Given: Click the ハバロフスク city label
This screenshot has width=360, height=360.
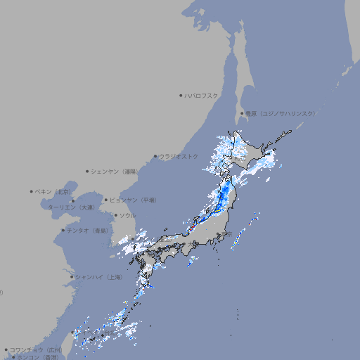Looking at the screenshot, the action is (x=202, y=95).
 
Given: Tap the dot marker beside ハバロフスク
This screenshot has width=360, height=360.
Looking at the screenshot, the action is (x=181, y=95).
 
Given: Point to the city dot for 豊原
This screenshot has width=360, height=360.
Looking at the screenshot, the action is (x=242, y=113).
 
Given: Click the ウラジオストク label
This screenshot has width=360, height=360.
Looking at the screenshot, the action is (x=179, y=156).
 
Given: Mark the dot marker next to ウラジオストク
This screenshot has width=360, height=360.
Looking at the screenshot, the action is (x=155, y=156).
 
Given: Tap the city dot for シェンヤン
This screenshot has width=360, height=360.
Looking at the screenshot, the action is (x=88, y=171).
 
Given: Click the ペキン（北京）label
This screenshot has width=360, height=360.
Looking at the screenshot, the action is (x=53, y=191).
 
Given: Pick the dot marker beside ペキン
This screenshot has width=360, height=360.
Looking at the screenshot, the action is (x=32, y=191).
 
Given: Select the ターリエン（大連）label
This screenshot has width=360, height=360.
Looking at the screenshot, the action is (x=70, y=207).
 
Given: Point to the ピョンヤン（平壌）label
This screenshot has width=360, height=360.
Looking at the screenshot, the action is (x=133, y=200).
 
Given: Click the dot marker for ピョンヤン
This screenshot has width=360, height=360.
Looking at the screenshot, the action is (x=106, y=200).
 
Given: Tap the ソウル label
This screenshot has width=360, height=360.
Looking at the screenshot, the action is (x=127, y=215).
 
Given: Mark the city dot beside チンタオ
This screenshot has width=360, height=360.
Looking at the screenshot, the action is (x=63, y=230).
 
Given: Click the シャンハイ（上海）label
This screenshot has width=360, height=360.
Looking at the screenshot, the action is (x=98, y=277).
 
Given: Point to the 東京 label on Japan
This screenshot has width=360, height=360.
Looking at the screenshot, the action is (x=226, y=233).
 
